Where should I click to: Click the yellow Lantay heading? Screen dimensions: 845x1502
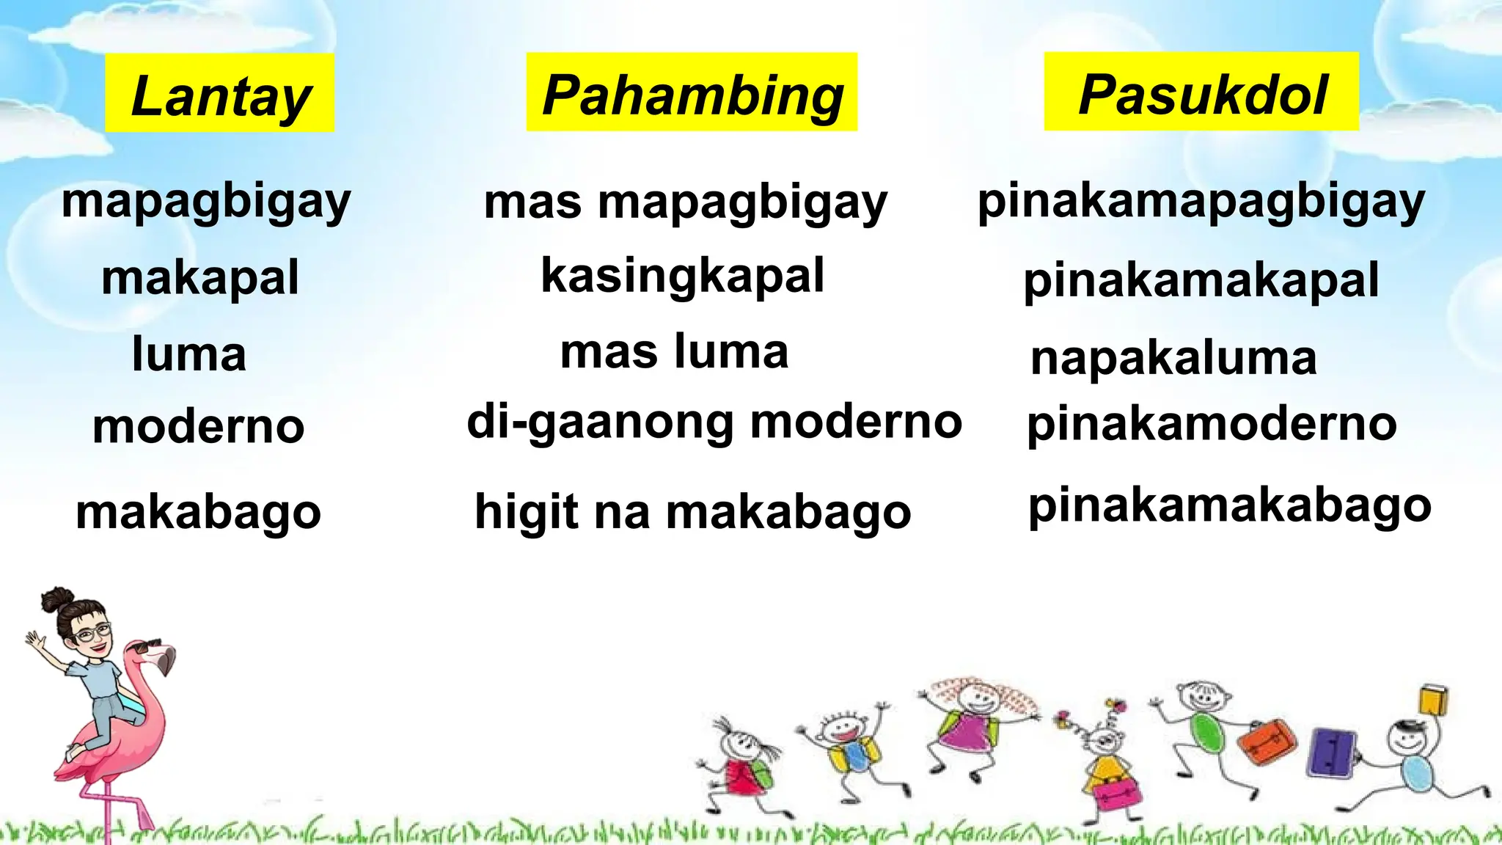[x=220, y=94]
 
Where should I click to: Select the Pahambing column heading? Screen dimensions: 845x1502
[x=692, y=93]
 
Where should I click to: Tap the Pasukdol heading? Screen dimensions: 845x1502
[x=1201, y=92]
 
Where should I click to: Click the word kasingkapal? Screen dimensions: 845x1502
[x=683, y=277]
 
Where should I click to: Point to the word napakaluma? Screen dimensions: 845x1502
[x=1173, y=358]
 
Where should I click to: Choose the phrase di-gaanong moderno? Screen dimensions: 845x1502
[x=714, y=423]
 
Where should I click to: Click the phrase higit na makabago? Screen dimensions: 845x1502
[x=692, y=511]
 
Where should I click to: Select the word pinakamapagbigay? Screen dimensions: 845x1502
[x=1201, y=202]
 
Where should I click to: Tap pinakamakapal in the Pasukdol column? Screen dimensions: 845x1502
[x=1201, y=280]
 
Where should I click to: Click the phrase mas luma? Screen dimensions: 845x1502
[x=674, y=351]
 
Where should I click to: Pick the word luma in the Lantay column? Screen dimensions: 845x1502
[x=189, y=354]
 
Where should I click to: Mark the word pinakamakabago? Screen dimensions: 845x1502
[x=1229, y=506]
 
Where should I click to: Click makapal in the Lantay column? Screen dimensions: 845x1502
[x=200, y=278]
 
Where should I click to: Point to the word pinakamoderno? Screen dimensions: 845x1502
[x=1212, y=424]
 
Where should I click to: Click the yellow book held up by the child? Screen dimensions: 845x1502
[x=1433, y=699]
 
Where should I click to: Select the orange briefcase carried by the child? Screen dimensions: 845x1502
[x=1267, y=741]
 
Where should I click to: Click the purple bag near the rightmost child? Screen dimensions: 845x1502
[x=1331, y=753]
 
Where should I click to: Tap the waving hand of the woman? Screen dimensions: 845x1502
[x=34, y=642]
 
